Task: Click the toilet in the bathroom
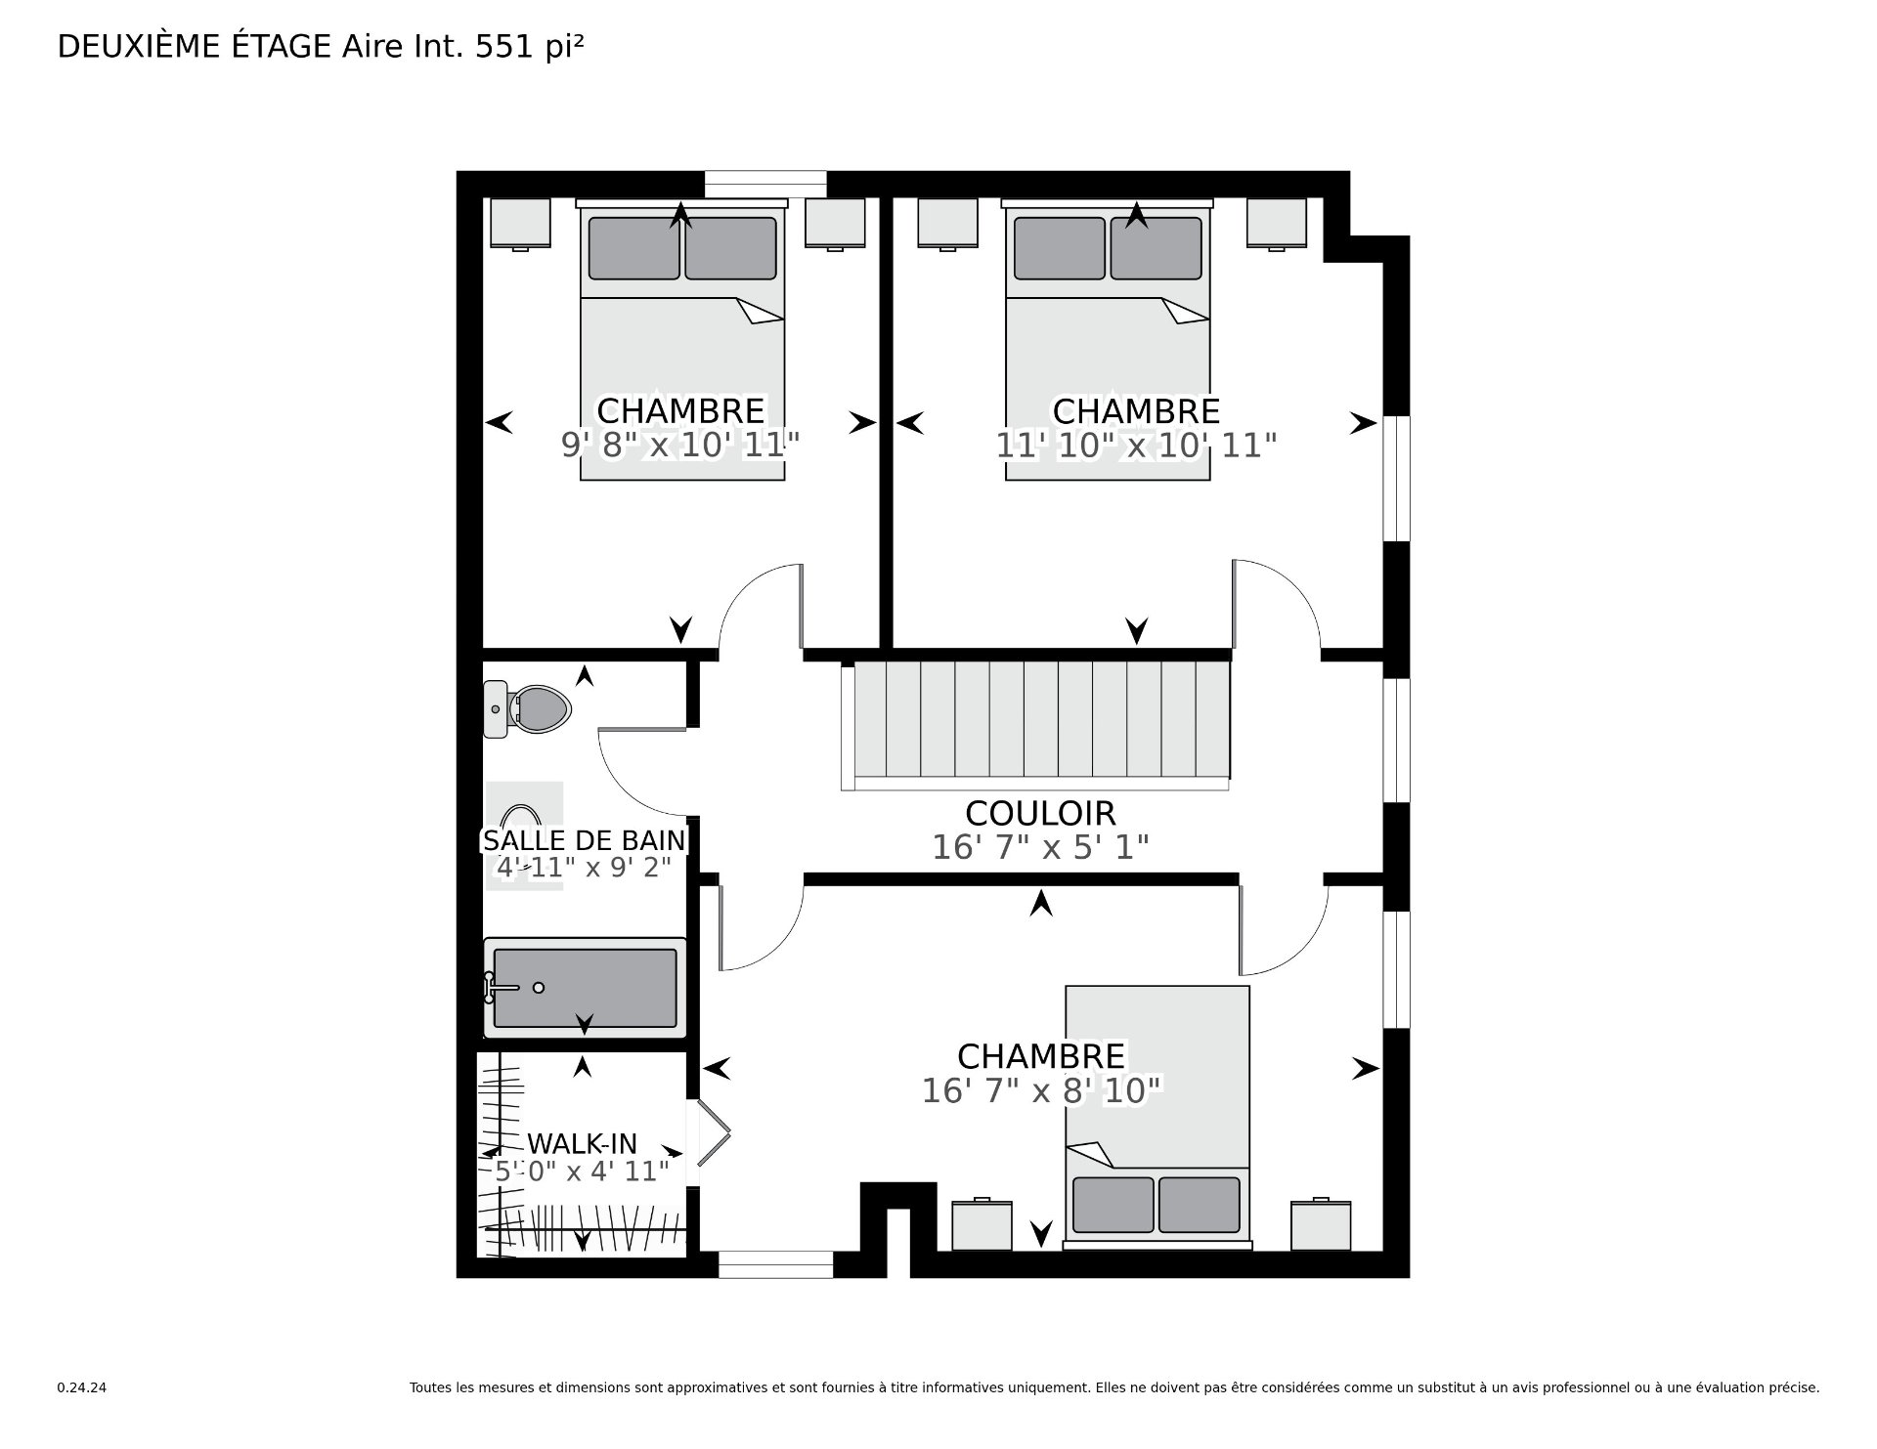pyautogui.click(x=533, y=708)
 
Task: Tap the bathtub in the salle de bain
pyautogui.click(x=585, y=987)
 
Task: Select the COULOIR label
pyautogui.click(x=1039, y=813)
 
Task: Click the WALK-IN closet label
pyautogui.click(x=582, y=1143)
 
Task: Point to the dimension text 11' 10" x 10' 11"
pyautogui.click(x=1136, y=446)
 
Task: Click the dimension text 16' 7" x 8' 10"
pyautogui.click(x=1041, y=1090)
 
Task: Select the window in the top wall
pyautogui.click(x=765, y=184)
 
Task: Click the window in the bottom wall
pyautogui.click(x=775, y=1264)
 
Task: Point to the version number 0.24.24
pyautogui.click(x=81, y=1387)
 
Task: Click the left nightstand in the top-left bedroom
pyautogui.click(x=519, y=223)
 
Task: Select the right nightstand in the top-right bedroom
pyautogui.click(x=1277, y=223)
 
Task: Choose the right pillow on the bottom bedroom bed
pyautogui.click(x=1200, y=1204)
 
